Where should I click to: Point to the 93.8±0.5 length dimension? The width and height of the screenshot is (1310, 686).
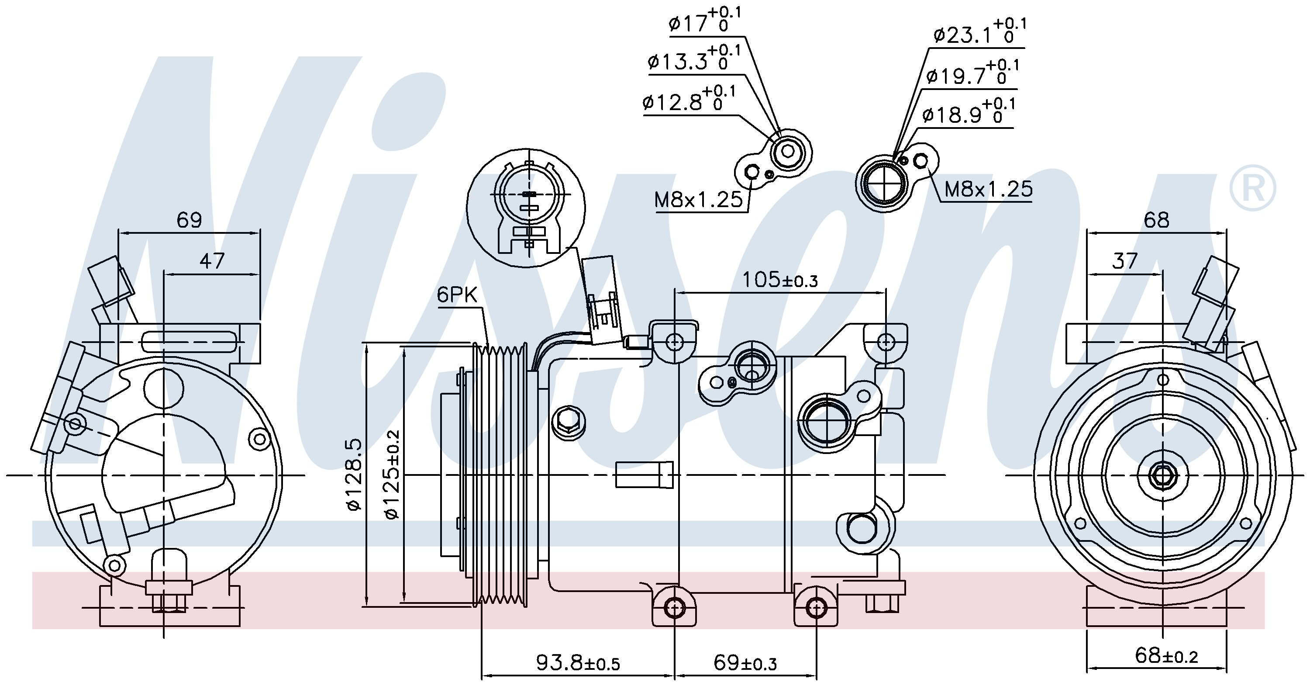pos(578,662)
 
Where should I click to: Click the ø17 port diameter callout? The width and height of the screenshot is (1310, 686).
pos(705,21)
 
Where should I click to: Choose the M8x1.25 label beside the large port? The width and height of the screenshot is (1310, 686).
pos(989,189)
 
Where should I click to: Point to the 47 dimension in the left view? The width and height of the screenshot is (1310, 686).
pos(211,261)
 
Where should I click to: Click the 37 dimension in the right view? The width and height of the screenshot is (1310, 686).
pos(1124,261)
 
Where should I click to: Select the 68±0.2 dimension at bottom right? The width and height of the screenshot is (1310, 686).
pos(1165,655)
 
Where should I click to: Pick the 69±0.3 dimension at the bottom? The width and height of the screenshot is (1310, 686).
pos(745,662)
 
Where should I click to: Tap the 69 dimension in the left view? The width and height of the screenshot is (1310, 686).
pos(189,220)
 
